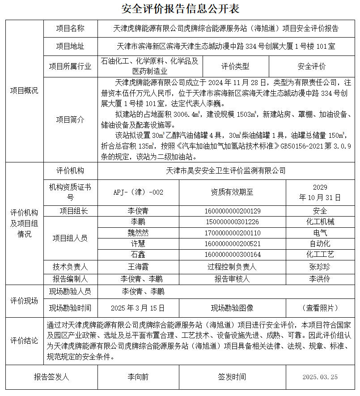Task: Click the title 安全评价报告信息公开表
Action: coord(180,9)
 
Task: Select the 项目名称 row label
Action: coord(70,29)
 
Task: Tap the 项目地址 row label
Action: coord(70,46)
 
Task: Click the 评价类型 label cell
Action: coord(235,67)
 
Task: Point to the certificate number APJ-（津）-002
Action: coord(138,192)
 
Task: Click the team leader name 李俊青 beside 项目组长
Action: coord(138,211)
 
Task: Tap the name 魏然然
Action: coord(138,233)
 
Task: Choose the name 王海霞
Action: coord(138,267)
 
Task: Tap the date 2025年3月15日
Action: coord(138,308)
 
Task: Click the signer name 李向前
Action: coord(138,377)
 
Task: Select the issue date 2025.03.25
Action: coord(320,377)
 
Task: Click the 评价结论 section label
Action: coord(24,341)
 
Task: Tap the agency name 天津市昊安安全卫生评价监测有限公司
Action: coord(226,170)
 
